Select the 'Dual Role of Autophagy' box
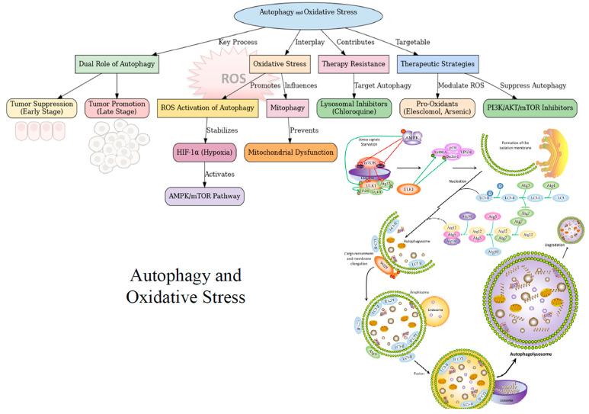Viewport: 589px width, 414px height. pyautogui.click(x=117, y=65)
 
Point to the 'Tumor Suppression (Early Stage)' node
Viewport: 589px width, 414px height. pyautogui.click(x=40, y=108)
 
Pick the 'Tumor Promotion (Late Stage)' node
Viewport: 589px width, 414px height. pyautogui.click(x=117, y=108)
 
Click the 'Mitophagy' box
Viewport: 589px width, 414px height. pyautogui.click(x=286, y=108)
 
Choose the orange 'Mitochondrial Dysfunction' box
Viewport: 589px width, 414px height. pyautogui.click(x=289, y=152)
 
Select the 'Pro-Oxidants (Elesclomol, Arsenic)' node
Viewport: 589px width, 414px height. pyautogui.click(x=437, y=108)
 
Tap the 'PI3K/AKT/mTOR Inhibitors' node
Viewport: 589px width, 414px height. pyautogui.click(x=530, y=108)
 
